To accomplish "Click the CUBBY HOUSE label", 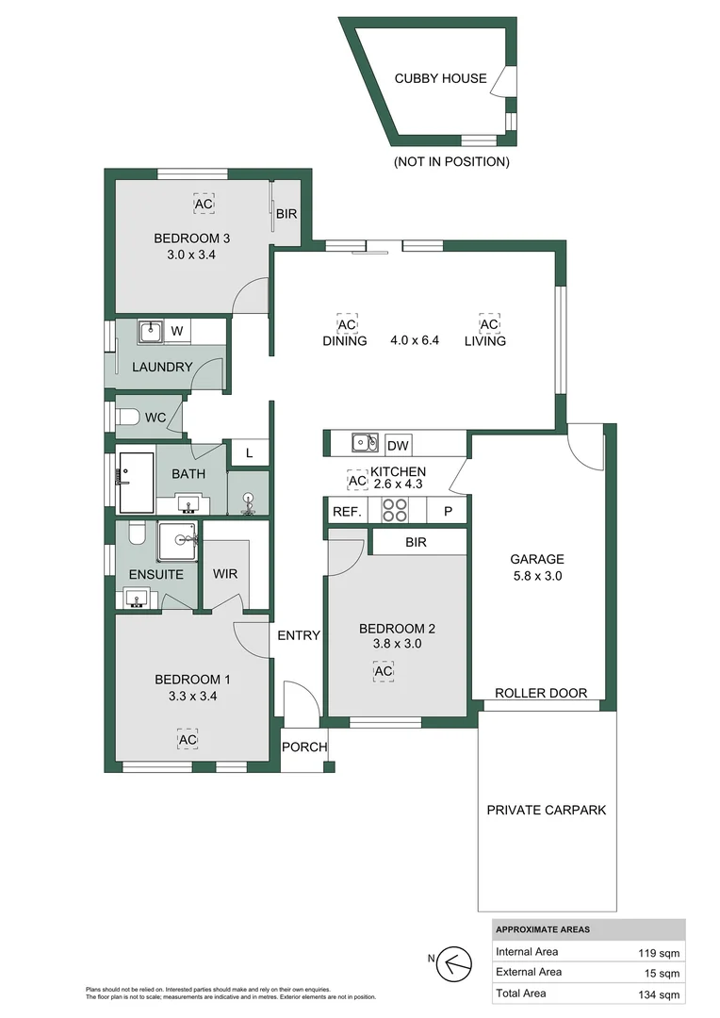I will [440, 78].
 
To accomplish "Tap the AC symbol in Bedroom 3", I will [204, 204].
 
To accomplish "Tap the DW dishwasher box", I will [398, 445].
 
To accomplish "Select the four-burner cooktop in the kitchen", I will [394, 510].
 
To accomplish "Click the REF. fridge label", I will [342, 511].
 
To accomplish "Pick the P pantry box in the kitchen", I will [448, 511].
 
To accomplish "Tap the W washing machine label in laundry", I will [176, 331].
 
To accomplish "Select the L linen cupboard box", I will [249, 453].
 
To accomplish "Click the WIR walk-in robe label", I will [225, 572].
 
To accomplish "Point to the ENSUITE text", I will [155, 573].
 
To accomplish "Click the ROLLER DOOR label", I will [541, 693].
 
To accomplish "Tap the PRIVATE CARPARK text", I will [546, 810].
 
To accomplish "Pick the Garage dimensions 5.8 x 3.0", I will [537, 576].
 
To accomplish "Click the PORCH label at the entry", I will [304, 747].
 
